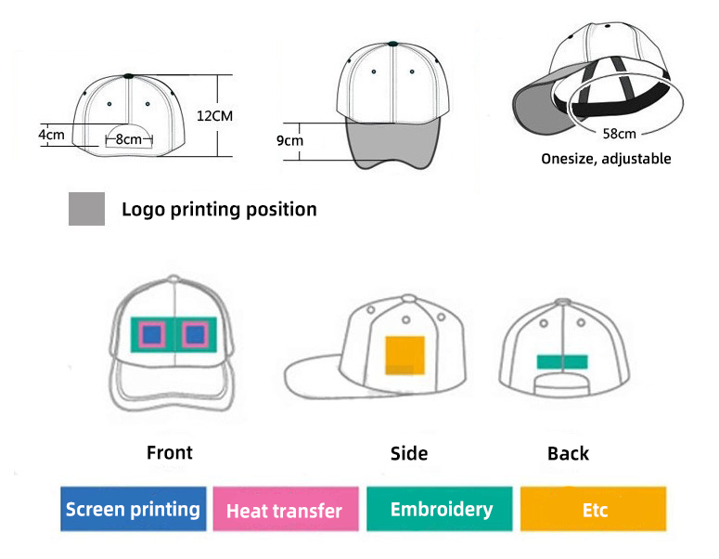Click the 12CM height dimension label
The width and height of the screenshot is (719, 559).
(x=214, y=116)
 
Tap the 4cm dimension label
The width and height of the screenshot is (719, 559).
(x=51, y=134)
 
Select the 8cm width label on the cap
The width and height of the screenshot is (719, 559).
(x=129, y=139)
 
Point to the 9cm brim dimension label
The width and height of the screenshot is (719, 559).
(x=289, y=140)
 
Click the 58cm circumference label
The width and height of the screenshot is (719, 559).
(x=619, y=134)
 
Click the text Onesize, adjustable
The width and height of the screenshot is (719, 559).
(x=606, y=159)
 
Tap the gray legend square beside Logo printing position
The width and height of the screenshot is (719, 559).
(x=86, y=209)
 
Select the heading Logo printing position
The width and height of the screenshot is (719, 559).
(x=219, y=210)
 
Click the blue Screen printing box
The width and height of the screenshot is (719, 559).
(x=133, y=509)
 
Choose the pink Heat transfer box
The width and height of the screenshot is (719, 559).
(x=285, y=510)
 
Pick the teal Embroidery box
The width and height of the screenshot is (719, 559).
(x=441, y=509)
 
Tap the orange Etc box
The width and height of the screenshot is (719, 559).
(x=594, y=510)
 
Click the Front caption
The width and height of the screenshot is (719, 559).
(x=170, y=452)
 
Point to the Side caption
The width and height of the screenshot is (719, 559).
(x=409, y=453)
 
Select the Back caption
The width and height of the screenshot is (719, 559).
(x=568, y=453)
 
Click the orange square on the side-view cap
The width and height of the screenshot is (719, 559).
(x=404, y=355)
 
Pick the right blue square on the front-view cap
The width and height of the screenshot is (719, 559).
(x=196, y=333)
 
